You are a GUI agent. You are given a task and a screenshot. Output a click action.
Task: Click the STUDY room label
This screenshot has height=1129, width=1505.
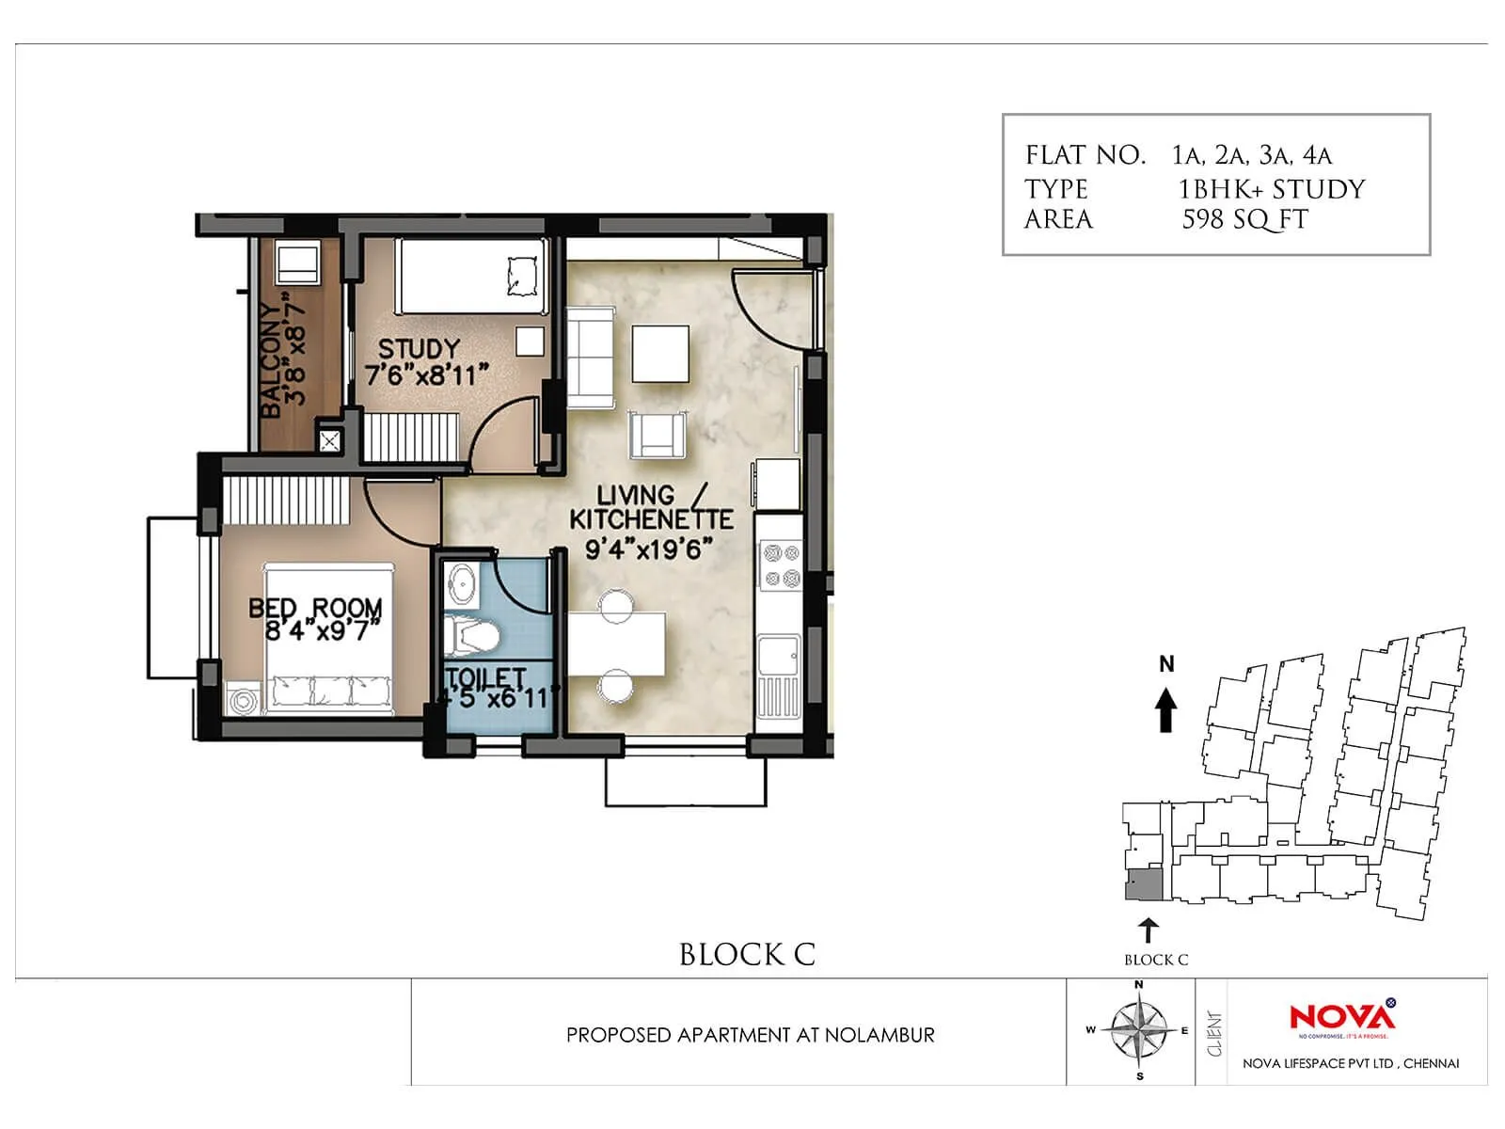coord(419,349)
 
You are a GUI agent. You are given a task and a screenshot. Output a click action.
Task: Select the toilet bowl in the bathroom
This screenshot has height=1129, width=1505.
coord(469,635)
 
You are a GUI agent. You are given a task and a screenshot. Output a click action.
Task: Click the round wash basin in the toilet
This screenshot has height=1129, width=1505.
coord(462,585)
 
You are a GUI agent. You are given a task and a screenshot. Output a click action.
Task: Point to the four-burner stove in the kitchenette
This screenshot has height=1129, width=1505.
coord(780,565)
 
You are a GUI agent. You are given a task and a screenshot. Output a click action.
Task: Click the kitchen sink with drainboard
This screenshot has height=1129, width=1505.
coord(779,677)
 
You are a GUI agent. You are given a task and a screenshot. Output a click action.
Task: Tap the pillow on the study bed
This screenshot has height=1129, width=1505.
coord(522,275)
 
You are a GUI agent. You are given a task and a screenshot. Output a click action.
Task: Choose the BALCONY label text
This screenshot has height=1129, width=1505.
coord(271,360)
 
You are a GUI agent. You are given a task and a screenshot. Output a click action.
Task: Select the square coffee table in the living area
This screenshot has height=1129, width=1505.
coord(659,353)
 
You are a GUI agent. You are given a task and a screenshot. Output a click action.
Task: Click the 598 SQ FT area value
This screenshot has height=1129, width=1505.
coord(1244,220)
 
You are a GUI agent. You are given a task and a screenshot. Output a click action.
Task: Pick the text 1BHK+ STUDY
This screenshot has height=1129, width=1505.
coord(1271,189)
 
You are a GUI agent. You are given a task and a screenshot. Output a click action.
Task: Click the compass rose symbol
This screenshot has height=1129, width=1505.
coord(1138,1030)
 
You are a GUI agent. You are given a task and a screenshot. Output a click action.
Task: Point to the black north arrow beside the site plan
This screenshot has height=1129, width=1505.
coord(1165,709)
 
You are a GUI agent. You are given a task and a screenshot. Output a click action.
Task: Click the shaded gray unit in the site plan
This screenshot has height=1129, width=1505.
coord(1146,884)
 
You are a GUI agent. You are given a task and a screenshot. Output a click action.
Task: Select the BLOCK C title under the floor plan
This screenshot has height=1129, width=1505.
coord(747,955)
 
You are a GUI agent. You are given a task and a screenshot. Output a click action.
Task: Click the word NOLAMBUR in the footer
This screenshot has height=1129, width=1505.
coord(879,1035)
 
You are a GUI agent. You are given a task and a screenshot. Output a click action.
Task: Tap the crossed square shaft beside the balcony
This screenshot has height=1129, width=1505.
coord(330,440)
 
